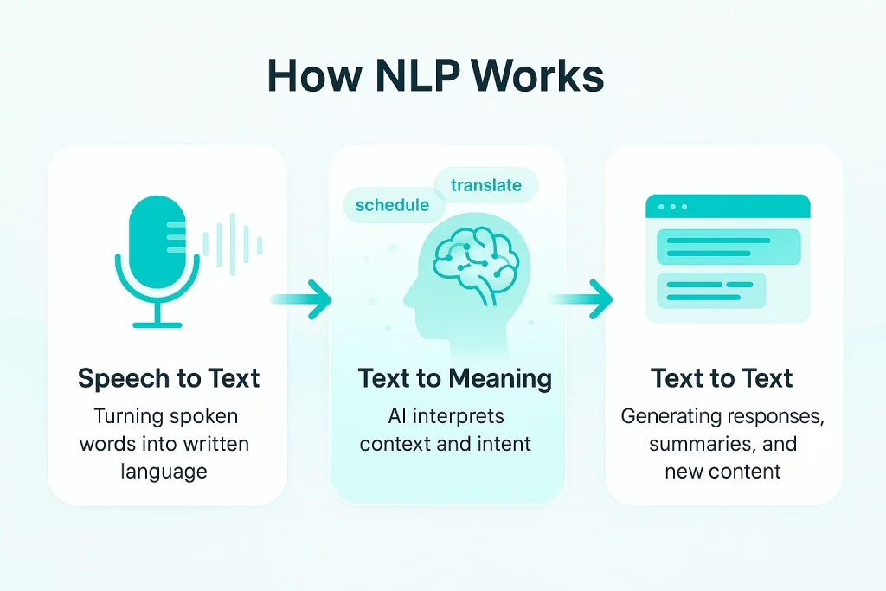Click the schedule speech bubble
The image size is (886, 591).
tap(392, 205)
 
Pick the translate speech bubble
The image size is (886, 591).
tap(485, 185)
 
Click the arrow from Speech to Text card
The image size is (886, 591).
tap(302, 299)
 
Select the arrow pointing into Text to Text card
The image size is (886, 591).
tap(581, 299)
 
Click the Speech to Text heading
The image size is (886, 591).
tap(169, 378)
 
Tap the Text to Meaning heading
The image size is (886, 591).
tap(454, 378)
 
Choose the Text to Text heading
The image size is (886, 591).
tap(722, 378)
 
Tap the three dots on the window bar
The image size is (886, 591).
tap(672, 207)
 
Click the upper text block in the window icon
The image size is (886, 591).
tap(729, 247)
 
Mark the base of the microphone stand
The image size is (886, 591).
tap(157, 324)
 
